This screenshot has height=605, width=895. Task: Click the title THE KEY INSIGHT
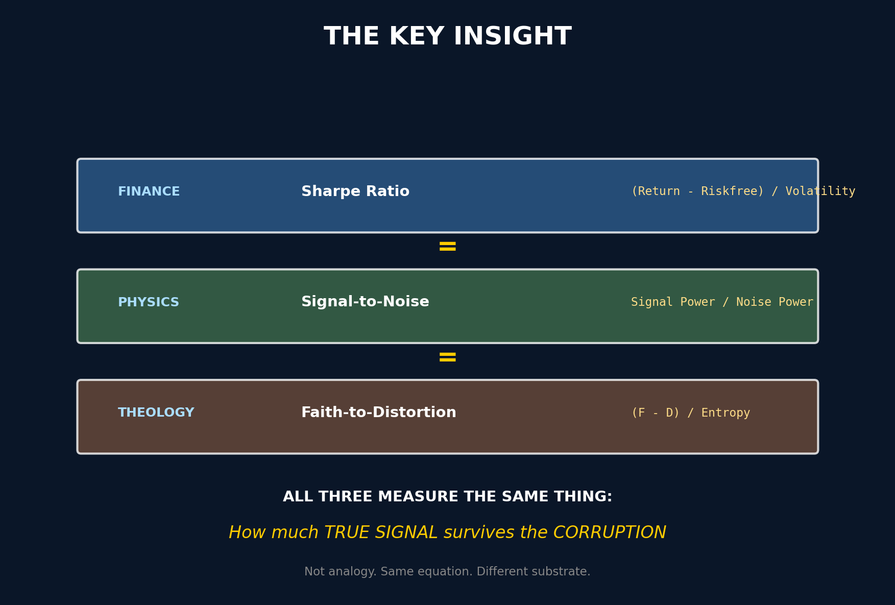coord(448,37)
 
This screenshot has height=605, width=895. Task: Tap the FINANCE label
coord(149,191)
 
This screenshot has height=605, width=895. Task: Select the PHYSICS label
coord(149,302)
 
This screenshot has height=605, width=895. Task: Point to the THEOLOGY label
coord(156,413)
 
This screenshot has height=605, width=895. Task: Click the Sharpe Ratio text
coord(355,191)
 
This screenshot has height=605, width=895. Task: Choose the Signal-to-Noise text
coord(365,302)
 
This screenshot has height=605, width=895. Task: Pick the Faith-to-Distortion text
coord(379,413)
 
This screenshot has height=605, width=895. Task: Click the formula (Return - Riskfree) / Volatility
coord(743,191)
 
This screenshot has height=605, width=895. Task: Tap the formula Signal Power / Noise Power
coord(722,302)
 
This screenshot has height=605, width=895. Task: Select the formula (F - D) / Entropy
coord(690,413)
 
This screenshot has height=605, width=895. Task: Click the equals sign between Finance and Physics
coord(448,247)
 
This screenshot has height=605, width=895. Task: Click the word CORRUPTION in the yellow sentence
coord(610,533)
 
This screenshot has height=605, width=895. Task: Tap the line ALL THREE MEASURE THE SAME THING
coord(448,497)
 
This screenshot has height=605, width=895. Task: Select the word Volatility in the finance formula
coord(820,191)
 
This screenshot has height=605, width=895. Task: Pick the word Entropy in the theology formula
coord(725,413)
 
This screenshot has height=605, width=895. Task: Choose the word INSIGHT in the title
coord(513,37)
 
